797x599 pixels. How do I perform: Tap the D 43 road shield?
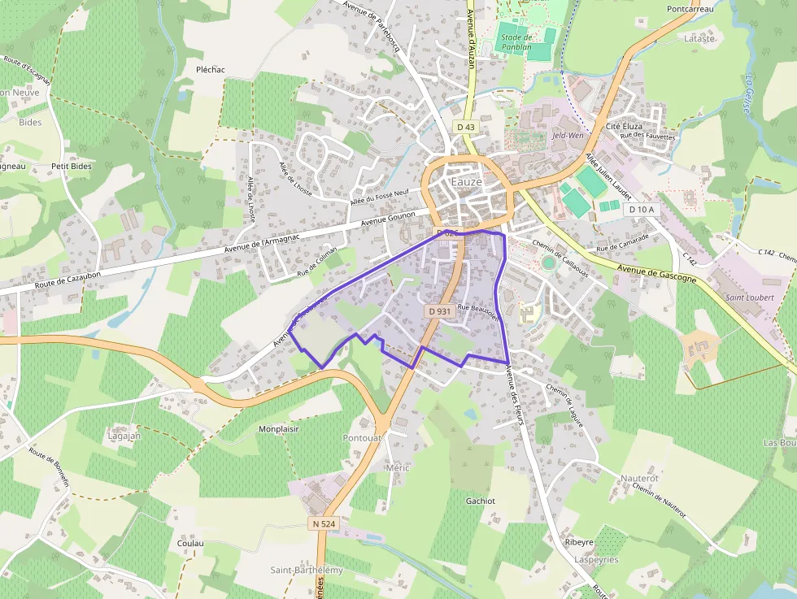point(465,127)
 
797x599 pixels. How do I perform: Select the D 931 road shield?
point(438,311)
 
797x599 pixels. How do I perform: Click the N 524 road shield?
point(323,524)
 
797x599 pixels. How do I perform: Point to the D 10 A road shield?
point(642,210)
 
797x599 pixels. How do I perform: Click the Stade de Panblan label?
point(516,42)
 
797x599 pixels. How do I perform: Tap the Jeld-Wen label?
point(568,136)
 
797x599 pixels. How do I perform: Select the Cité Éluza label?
point(625,127)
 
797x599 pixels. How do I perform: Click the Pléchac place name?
point(211,70)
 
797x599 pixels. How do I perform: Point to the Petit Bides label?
point(71,166)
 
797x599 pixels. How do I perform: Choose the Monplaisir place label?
point(279,428)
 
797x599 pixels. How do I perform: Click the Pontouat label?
point(363,437)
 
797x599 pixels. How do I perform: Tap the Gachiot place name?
point(481,501)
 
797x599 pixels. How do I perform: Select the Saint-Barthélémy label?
point(307,571)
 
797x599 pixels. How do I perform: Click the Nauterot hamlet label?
point(639,478)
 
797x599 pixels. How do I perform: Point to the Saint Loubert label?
point(749,297)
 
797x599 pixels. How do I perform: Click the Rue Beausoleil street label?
point(477,308)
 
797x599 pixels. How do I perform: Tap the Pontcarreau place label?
point(690,9)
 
